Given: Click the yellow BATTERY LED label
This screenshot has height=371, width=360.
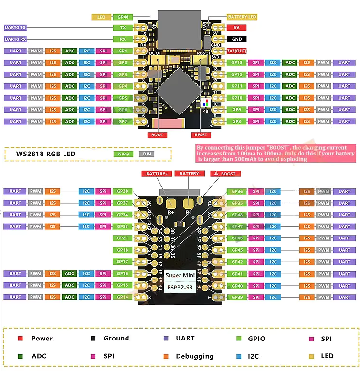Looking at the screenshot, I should [242, 17].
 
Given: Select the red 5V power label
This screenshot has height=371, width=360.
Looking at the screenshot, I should [236, 28].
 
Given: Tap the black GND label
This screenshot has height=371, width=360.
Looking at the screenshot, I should [236, 39].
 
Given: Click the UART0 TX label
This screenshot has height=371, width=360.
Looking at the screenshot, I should [15, 28].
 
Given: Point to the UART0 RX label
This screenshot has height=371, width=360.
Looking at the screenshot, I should [15, 39].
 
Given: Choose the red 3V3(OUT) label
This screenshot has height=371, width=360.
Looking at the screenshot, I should [236, 51].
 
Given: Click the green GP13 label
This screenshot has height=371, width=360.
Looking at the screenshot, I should [237, 62].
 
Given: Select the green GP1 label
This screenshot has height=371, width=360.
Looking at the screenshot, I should [123, 51].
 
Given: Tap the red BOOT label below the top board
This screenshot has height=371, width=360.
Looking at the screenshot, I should [157, 135].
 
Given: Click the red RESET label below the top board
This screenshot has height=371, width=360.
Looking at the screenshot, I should [201, 135].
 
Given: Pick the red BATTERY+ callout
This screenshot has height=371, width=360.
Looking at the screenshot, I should [157, 174].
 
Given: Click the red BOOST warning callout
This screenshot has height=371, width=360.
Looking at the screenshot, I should [224, 174].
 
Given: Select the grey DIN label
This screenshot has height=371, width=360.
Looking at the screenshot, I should [147, 154].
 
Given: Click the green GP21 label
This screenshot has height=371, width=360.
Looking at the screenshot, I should [122, 238].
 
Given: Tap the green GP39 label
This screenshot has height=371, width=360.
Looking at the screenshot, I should [237, 297].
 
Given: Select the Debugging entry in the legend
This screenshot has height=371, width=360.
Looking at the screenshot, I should [194, 356].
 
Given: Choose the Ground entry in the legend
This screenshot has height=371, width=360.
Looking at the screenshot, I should [116, 338].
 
